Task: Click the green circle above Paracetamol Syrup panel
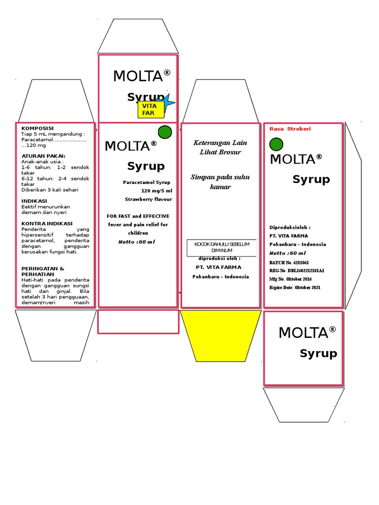pyautogui.click(x=165, y=132)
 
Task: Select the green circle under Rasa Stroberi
pyautogui.click(x=277, y=144)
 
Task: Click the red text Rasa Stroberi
pyautogui.click(x=290, y=129)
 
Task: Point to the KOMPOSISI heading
pyautogui.click(x=38, y=128)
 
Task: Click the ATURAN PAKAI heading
pyautogui.click(x=43, y=156)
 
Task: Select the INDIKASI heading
pyautogui.click(x=35, y=201)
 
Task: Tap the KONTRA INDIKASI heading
pyautogui.click(x=47, y=223)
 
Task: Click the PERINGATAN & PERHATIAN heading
pyautogui.click(x=43, y=271)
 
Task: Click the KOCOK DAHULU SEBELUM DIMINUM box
pyautogui.click(x=222, y=248)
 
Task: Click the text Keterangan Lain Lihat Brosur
pyautogui.click(x=220, y=147)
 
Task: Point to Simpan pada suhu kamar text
pyautogui.click(x=220, y=181)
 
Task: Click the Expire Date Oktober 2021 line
pyautogui.click(x=295, y=288)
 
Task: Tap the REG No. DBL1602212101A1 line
pyautogui.click(x=297, y=271)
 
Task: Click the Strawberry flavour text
pyautogui.click(x=149, y=199)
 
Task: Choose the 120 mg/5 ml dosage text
pyautogui.click(x=156, y=191)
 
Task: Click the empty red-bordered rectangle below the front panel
pyautogui.click(x=138, y=322)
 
